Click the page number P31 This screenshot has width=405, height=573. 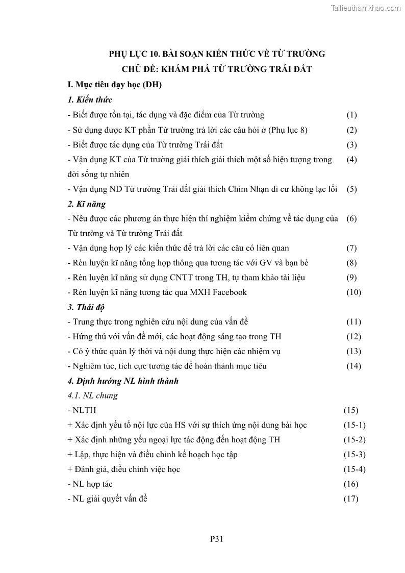217,538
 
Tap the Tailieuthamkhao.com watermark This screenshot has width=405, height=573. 366,8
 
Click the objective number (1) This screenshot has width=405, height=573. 351,115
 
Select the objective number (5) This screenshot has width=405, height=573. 351,189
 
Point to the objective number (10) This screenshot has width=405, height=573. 353,292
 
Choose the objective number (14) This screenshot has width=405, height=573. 353,366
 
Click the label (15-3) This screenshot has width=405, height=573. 354,454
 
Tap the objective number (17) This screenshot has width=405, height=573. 350,499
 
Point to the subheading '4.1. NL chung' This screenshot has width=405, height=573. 92,395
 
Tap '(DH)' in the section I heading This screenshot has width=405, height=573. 151,85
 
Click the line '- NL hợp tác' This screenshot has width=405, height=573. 90,484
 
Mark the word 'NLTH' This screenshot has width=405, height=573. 84,410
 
